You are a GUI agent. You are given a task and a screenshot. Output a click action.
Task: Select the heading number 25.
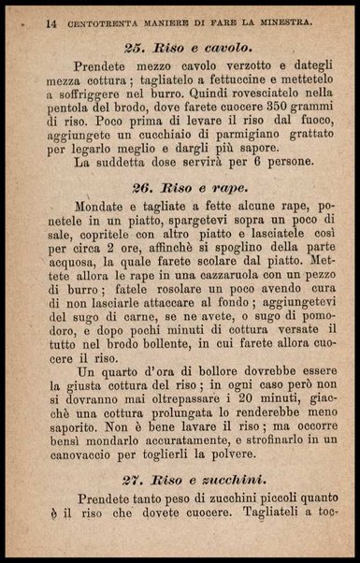pos(135,46)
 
